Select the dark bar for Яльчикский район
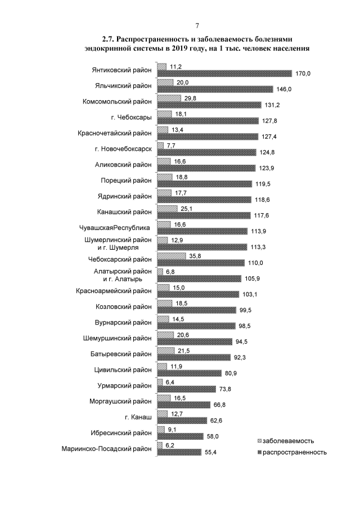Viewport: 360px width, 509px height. (215, 89)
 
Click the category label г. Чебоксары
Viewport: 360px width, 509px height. (131, 118)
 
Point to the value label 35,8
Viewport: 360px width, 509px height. (195, 255)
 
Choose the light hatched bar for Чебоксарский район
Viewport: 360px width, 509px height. (172, 256)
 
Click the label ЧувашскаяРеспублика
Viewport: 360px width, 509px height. (115, 228)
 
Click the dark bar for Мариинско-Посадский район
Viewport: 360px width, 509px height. (179, 452)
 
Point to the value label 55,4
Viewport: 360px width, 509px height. (211, 452)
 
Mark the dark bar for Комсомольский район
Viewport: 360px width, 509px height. (209, 105)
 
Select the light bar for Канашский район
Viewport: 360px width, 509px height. (167, 208)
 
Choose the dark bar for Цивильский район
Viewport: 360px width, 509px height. (189, 373)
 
